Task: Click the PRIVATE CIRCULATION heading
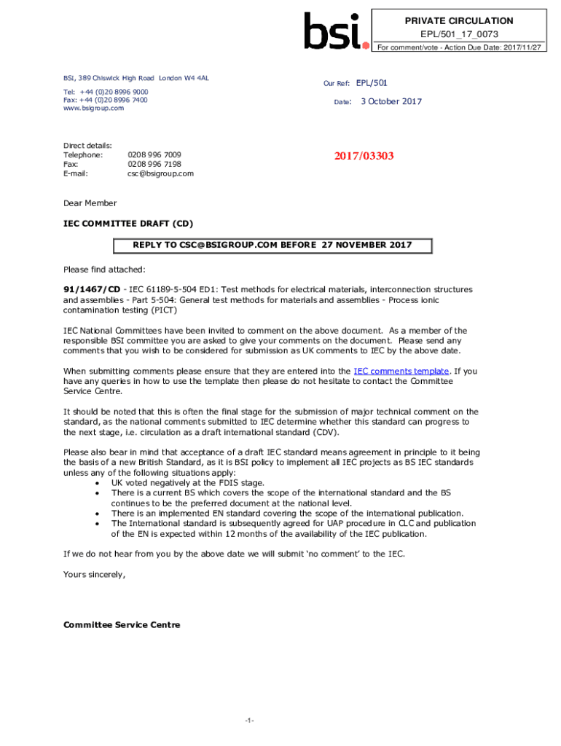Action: pyautogui.click(x=459, y=21)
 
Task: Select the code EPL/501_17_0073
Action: pyautogui.click(x=459, y=34)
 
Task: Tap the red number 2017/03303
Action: pyautogui.click(x=364, y=155)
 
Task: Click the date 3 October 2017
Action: pyautogui.click(x=391, y=102)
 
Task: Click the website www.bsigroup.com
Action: pyautogui.click(x=93, y=109)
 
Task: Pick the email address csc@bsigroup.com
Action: pyautogui.click(x=160, y=173)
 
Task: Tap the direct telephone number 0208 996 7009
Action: pyautogui.click(x=154, y=154)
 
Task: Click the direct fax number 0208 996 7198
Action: pyautogui.click(x=154, y=164)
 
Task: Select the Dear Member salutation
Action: pyautogui.click(x=90, y=203)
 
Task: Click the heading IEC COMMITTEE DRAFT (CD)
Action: pyautogui.click(x=128, y=223)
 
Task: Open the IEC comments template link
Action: pyautogui.click(x=401, y=371)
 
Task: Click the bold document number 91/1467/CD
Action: pyautogui.click(x=92, y=290)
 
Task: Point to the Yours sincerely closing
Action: pyautogui.click(x=94, y=575)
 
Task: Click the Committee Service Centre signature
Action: pyautogui.click(x=122, y=625)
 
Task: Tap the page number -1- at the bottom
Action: pyautogui.click(x=249, y=721)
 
